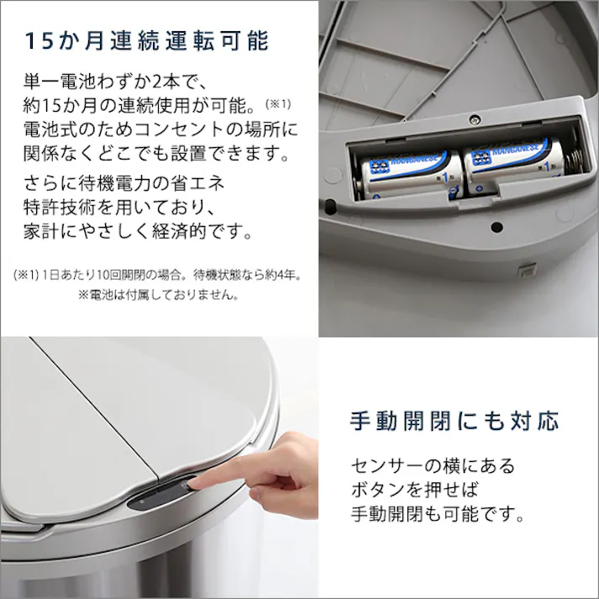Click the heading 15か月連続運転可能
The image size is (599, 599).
click(x=146, y=40)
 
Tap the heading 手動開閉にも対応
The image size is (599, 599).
click(x=455, y=421)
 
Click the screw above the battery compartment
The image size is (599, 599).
click(x=475, y=118)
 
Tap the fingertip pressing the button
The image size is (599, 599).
click(x=194, y=484)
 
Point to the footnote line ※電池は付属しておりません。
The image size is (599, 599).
click(x=159, y=295)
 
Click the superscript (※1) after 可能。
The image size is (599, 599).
click(x=278, y=104)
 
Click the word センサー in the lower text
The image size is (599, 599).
click(x=387, y=465)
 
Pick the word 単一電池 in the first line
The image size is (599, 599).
click(x=60, y=81)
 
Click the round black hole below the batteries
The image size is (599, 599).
click(x=497, y=228)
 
